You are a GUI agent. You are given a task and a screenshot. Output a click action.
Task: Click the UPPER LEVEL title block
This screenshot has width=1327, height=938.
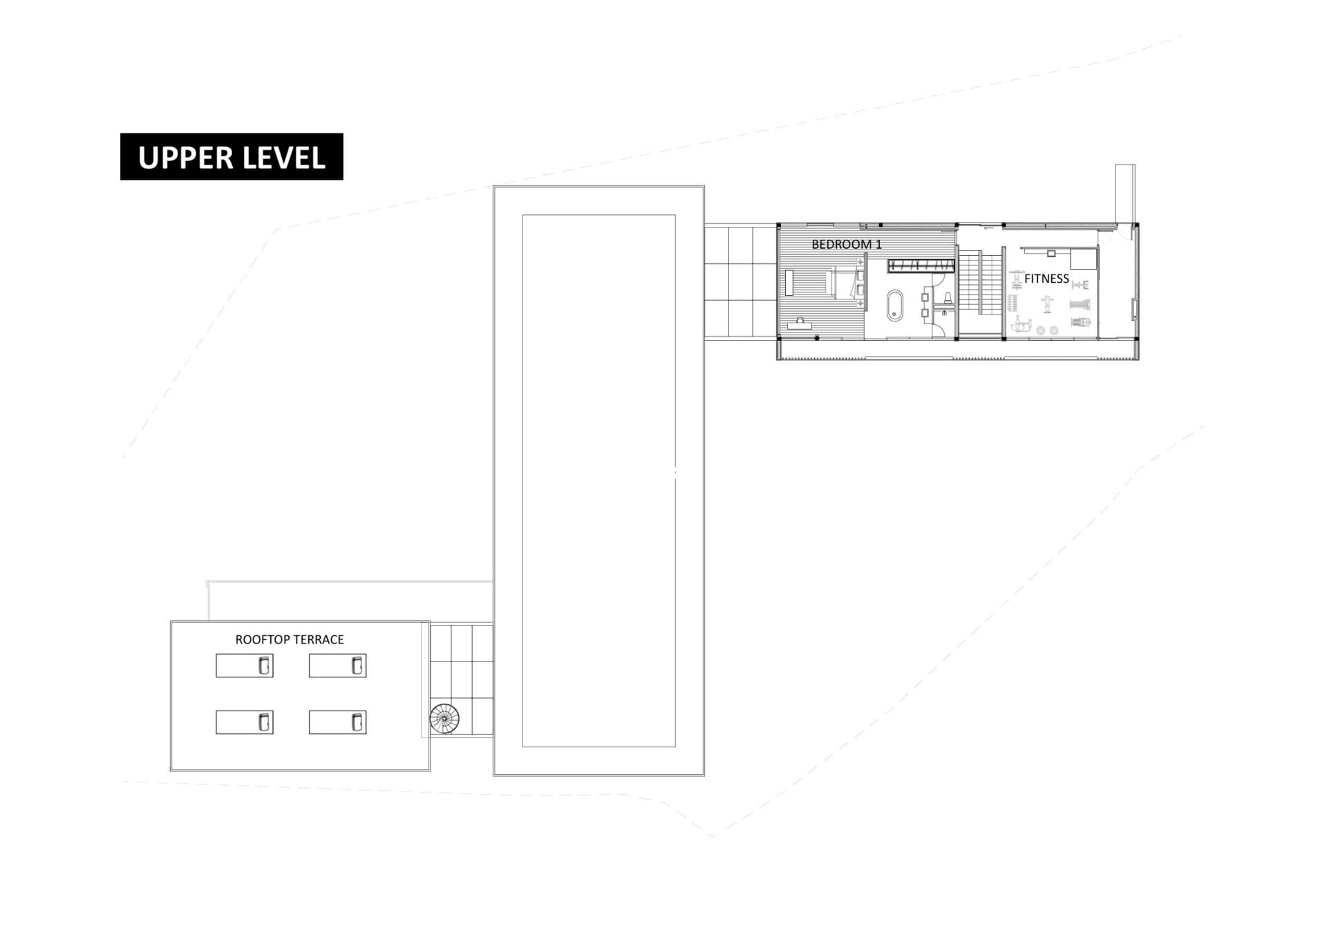tap(232, 157)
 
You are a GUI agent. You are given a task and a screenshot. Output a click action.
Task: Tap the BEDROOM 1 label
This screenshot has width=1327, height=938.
tap(846, 244)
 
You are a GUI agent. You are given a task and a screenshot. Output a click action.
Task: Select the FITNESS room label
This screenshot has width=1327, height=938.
tap(1046, 279)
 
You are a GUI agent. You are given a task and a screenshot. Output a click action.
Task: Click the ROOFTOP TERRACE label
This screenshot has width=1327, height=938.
tap(289, 639)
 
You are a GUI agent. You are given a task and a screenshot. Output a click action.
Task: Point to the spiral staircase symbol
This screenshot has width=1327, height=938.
tap(444, 719)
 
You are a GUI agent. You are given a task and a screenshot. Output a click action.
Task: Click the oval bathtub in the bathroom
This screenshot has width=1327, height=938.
tap(895, 306)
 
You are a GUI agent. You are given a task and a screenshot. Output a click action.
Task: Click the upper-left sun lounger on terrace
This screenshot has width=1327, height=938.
tap(244, 666)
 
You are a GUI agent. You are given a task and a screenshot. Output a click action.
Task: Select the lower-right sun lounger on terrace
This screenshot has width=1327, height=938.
tap(337, 722)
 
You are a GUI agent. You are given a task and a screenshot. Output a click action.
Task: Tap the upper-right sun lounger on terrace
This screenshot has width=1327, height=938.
tap(337, 666)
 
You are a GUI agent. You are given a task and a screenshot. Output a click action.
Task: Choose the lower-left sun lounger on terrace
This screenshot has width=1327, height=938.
tap(244, 722)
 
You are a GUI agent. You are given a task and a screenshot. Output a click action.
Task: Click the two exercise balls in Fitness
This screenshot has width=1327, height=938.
tap(1047, 330)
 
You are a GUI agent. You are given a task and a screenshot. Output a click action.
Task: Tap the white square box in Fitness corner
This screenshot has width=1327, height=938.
tap(1083, 259)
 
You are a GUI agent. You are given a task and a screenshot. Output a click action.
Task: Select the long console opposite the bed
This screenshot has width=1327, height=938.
tap(789, 283)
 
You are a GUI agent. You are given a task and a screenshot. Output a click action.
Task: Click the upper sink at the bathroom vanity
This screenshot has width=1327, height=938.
tap(925, 297)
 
